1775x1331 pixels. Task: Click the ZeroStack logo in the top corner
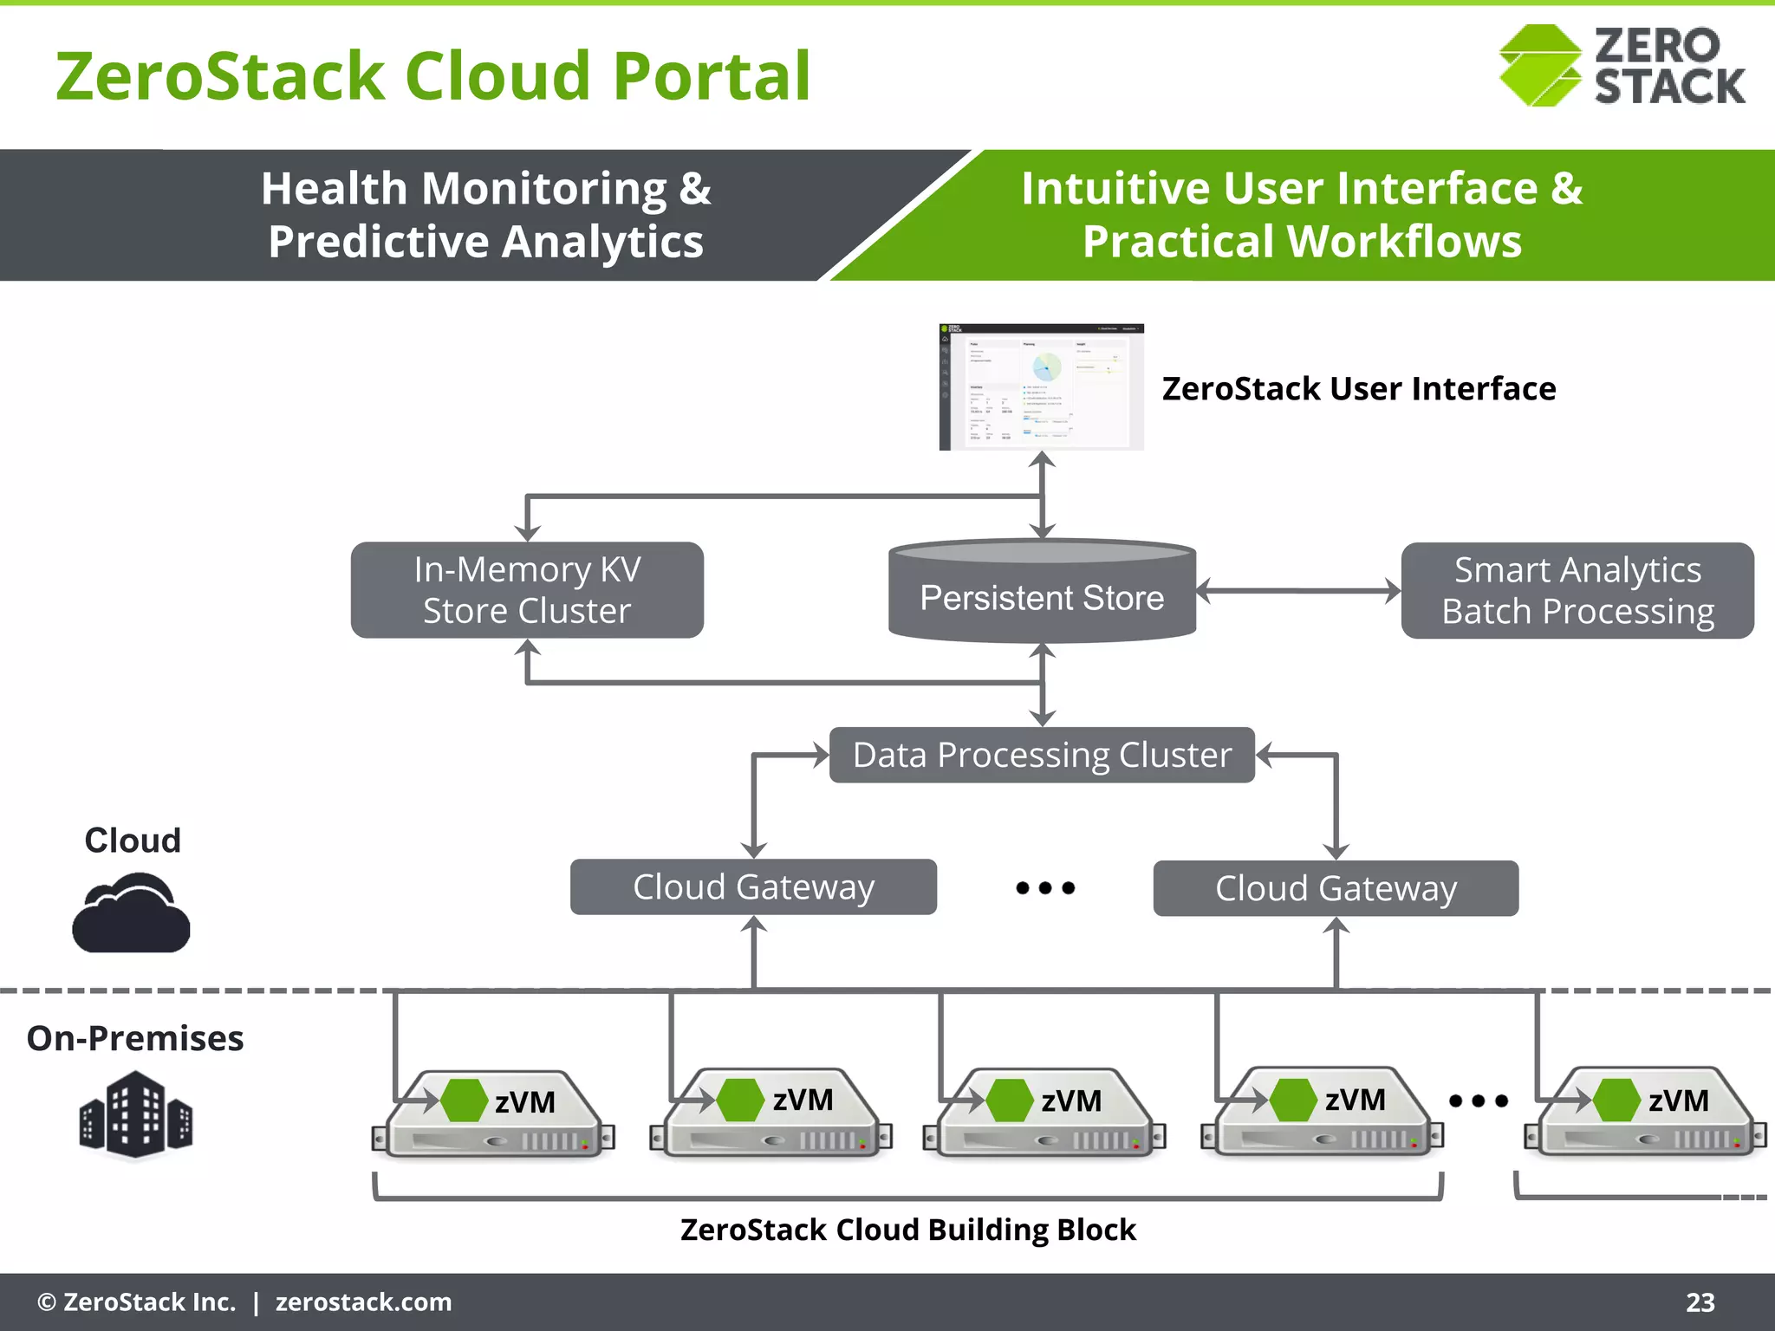coord(1621,66)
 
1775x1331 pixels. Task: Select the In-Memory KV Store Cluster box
coord(527,590)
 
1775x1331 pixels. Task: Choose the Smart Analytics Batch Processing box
coord(1577,590)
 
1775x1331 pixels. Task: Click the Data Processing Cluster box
coord(1042,755)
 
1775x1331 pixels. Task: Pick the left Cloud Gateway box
coord(753,886)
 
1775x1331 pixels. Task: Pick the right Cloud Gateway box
coord(1336,888)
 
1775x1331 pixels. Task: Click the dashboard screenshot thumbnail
coord(1042,386)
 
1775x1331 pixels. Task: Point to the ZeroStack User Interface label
coord(1358,388)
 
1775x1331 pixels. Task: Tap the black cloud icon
coord(131,915)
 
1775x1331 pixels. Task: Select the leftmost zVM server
coord(493,1116)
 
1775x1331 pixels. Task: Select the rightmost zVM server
coord(1645,1116)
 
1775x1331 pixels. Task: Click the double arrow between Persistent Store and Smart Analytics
coord(1298,591)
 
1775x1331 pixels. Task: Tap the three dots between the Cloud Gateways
coord(1045,887)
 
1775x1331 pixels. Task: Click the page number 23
coord(1700,1302)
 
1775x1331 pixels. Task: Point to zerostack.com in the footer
coord(363,1302)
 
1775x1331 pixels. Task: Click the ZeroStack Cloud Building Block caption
coord(907,1230)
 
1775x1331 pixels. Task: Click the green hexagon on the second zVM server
coord(740,1100)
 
